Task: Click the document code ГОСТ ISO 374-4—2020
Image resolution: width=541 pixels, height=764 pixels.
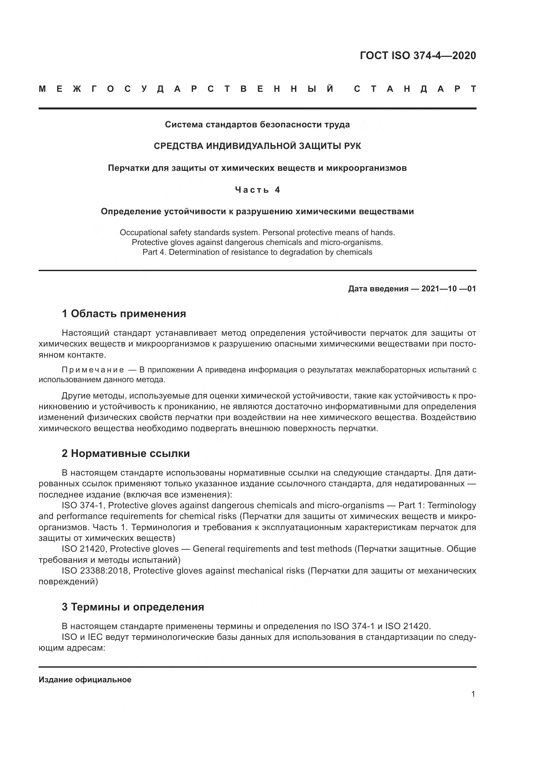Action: [x=418, y=56]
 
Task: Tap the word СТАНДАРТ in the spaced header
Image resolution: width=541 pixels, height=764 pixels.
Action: [x=415, y=89]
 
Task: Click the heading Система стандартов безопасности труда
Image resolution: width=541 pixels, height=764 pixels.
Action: [x=257, y=124]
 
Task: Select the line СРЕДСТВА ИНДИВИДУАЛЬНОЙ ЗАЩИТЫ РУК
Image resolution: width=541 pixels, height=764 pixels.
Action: [x=257, y=146]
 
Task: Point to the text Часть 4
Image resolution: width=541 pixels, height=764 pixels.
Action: [x=257, y=190]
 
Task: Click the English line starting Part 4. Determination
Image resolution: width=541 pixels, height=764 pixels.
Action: [x=257, y=252]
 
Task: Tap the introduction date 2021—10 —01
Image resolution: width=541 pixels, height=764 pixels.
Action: [x=448, y=288]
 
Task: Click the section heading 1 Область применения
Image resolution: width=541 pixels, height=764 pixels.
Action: [x=124, y=314]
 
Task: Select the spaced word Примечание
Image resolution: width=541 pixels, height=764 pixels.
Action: [x=93, y=370]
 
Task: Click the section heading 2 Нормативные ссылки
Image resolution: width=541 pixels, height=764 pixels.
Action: [x=126, y=454]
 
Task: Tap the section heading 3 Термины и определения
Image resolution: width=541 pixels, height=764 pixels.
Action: [x=132, y=607]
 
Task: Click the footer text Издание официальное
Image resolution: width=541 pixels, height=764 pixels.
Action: [x=85, y=680]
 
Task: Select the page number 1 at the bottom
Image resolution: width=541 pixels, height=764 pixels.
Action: [x=473, y=694]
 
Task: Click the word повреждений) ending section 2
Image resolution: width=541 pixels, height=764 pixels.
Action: [x=68, y=582]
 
